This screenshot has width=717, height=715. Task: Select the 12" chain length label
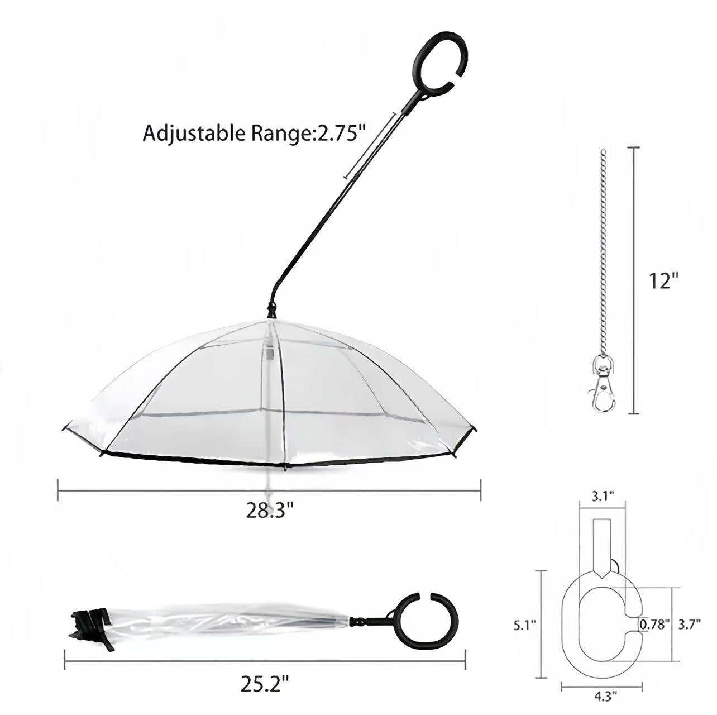pos(663,280)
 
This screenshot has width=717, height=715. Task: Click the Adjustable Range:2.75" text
pos(255,134)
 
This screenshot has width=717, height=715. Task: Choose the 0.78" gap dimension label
pos(654,625)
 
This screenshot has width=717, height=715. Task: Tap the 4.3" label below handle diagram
pos(603,696)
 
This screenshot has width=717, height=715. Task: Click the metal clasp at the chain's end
pos(603,385)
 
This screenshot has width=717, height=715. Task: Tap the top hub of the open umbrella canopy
pos(272,311)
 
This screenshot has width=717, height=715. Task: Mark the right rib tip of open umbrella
pos(475,429)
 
